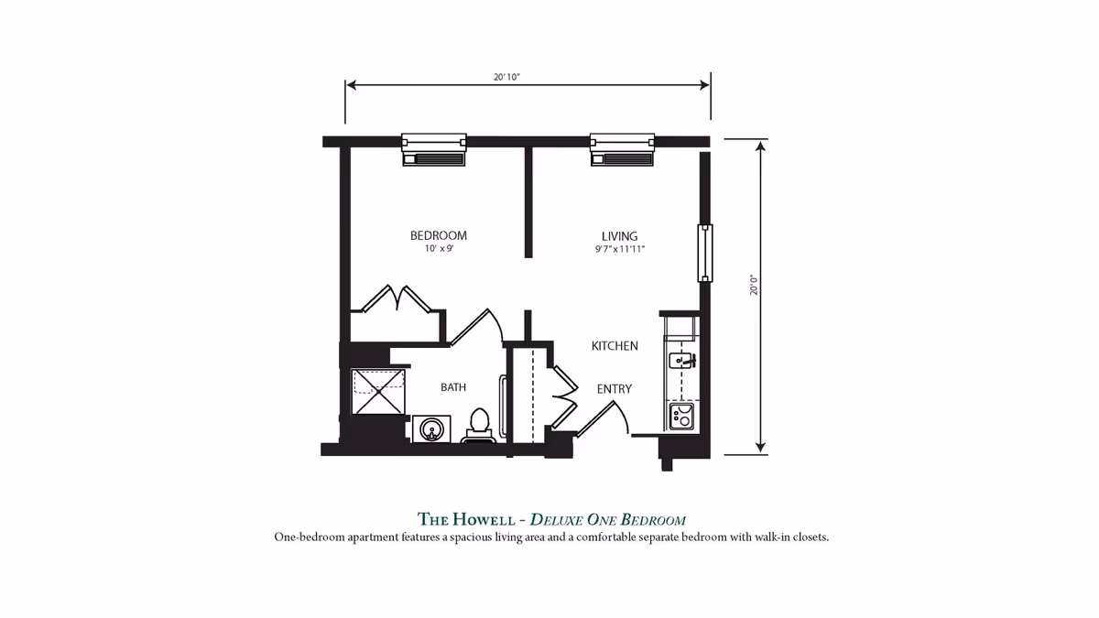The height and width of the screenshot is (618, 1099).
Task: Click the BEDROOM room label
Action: [x=438, y=235]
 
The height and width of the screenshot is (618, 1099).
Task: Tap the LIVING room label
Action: [x=619, y=235]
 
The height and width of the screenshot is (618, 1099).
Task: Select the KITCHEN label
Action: [x=614, y=345]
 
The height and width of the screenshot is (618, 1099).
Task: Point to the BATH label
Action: [x=452, y=387]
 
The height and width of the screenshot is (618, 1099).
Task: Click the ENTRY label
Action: [x=614, y=389]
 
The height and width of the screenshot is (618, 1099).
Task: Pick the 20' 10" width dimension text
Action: [x=506, y=78]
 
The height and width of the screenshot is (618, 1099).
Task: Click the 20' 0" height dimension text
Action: [x=753, y=284]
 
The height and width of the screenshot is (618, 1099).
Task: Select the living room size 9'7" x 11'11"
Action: [x=619, y=249]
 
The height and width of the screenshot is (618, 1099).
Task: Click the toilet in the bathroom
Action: [x=478, y=426]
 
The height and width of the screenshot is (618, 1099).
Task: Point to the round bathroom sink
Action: [x=430, y=427]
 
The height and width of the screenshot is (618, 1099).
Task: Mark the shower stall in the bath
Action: [x=378, y=391]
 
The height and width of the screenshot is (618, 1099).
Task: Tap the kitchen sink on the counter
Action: [x=681, y=360]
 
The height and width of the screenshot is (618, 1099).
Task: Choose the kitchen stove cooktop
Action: [x=681, y=417]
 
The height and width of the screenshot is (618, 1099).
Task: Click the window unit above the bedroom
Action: [x=434, y=149]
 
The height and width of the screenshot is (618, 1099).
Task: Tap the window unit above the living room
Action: [x=622, y=149]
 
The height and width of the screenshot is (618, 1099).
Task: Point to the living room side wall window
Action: [x=704, y=253]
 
